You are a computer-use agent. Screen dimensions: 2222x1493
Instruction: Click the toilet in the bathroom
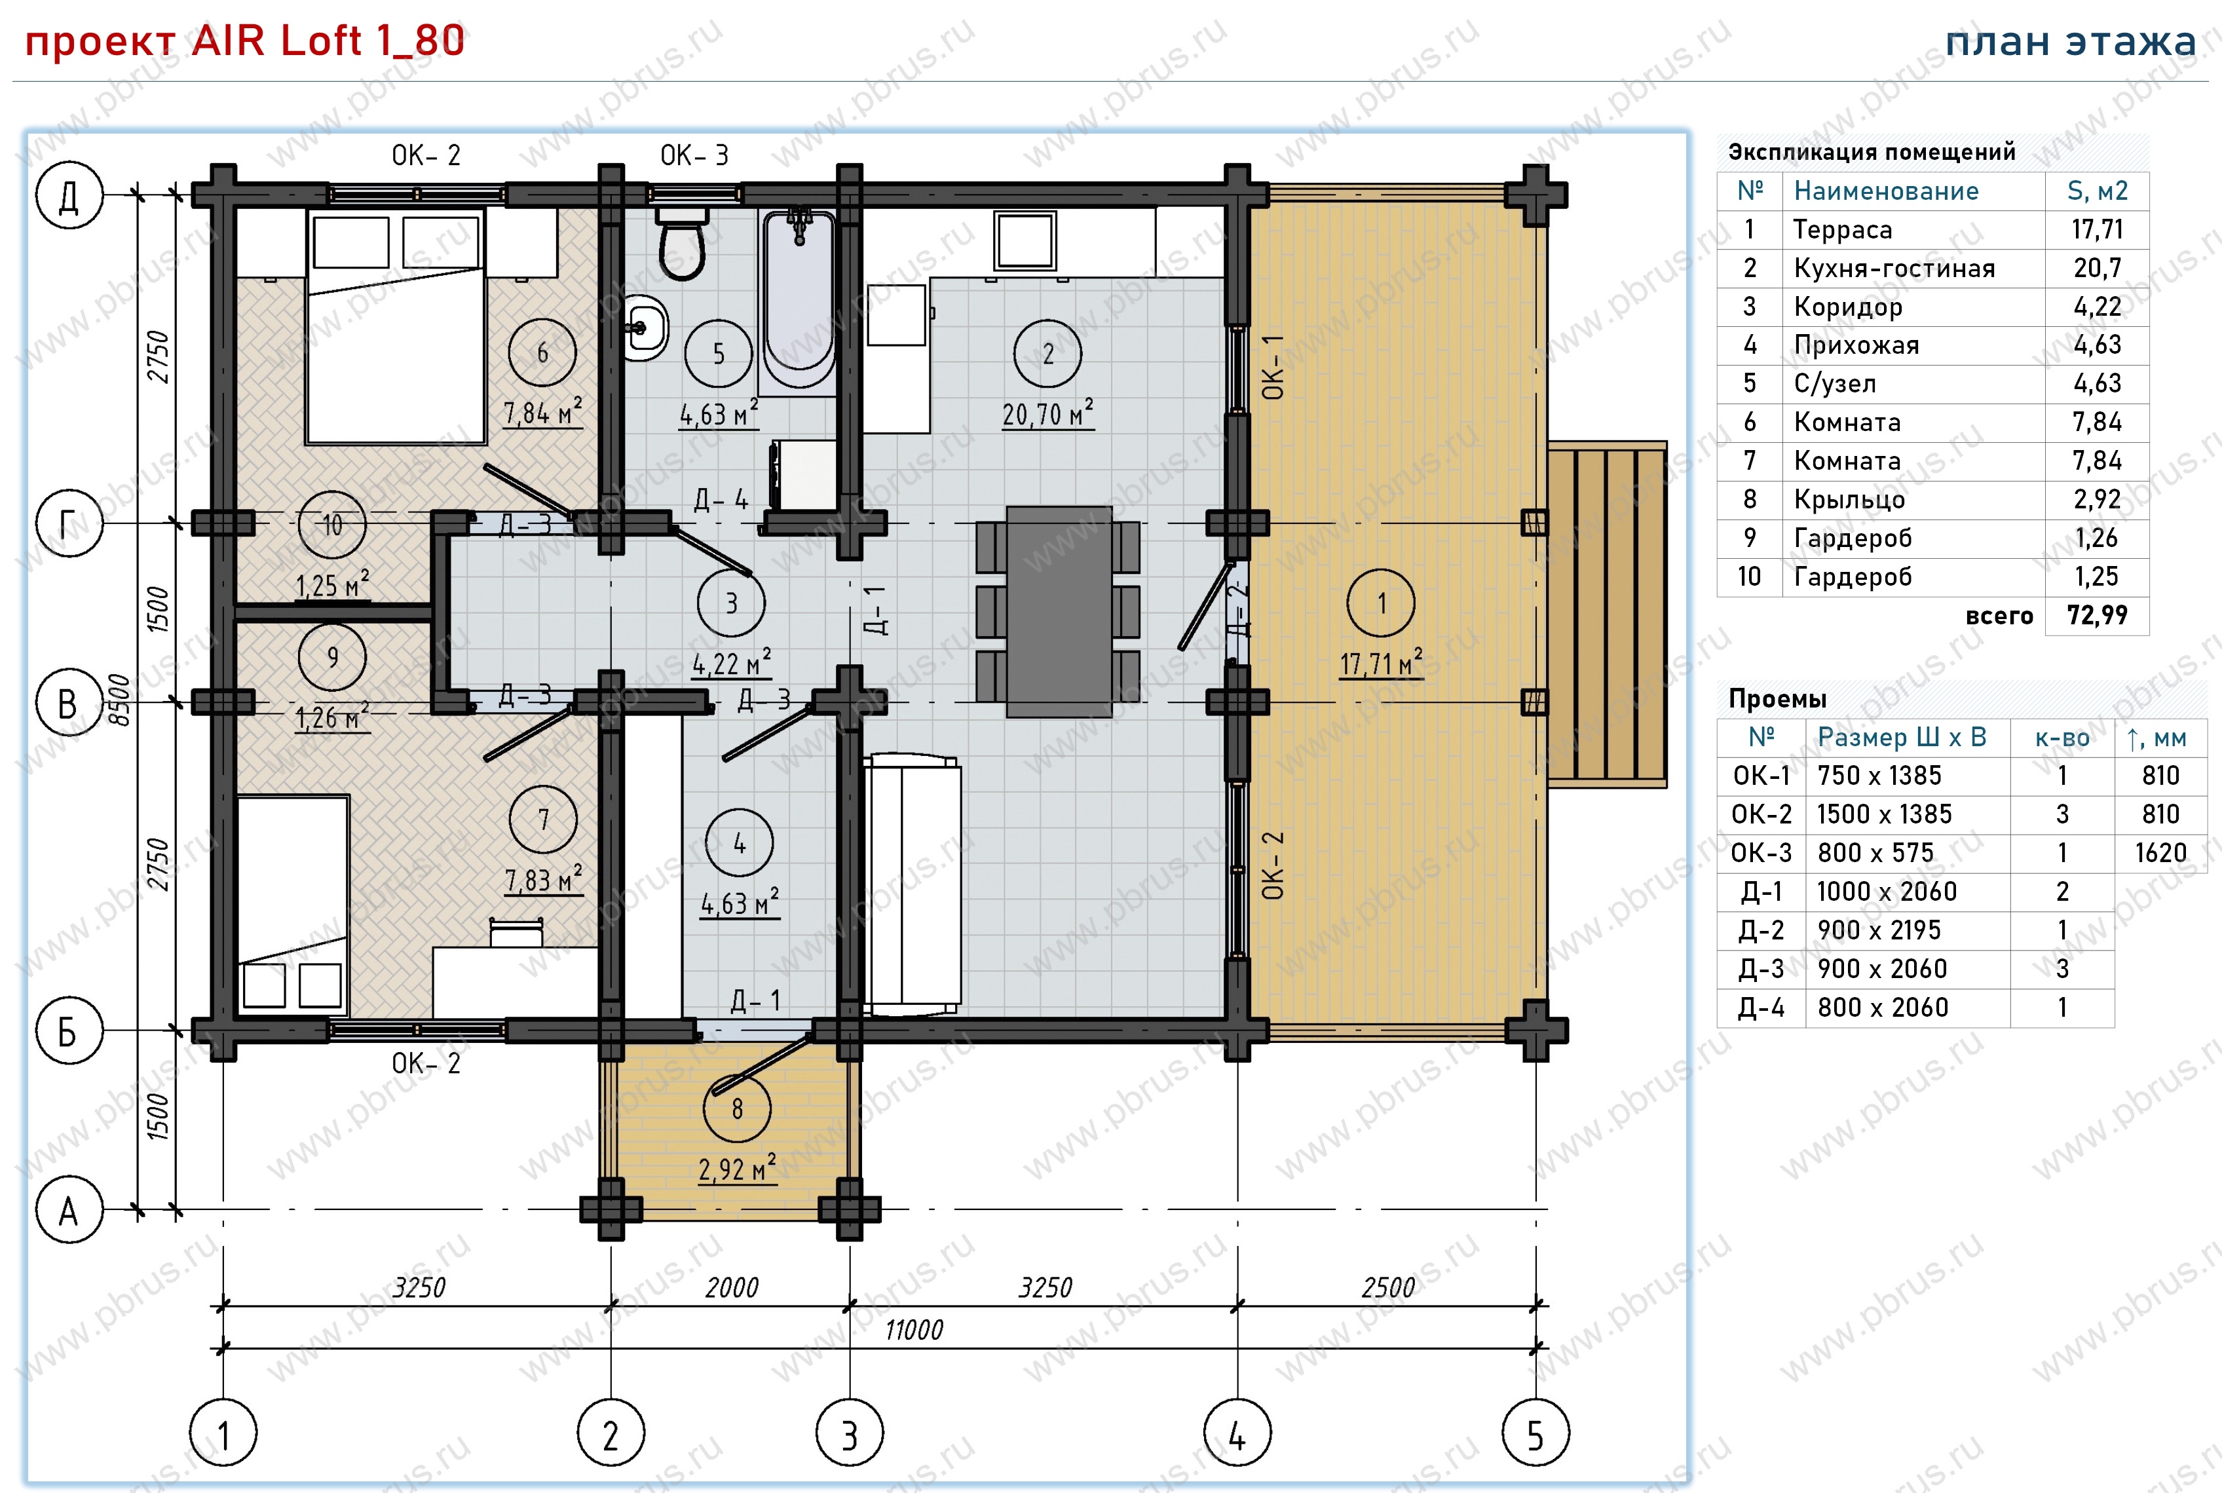pyautogui.click(x=682, y=243)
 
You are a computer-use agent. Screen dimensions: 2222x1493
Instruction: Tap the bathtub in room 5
pyautogui.click(x=800, y=298)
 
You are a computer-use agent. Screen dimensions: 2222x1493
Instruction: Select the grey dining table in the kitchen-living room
pyautogui.click(x=1059, y=611)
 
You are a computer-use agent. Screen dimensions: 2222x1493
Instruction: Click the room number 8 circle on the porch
pyautogui.click(x=737, y=1108)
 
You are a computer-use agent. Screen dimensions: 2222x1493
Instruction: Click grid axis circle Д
pyautogui.click(x=69, y=195)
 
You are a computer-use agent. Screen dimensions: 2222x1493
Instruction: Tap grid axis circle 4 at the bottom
pyautogui.click(x=1237, y=1433)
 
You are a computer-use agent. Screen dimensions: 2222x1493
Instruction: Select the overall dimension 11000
pyautogui.click(x=914, y=1329)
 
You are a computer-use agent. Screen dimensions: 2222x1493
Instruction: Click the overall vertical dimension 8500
pyautogui.click(x=118, y=700)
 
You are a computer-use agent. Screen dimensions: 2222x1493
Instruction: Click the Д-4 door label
pyautogui.click(x=721, y=500)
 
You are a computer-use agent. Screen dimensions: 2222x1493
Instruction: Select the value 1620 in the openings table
pyautogui.click(x=2160, y=853)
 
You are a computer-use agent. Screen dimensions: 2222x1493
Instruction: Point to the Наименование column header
pyautogui.click(x=1886, y=191)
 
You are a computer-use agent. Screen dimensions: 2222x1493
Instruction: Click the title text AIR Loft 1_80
pyautogui.click(x=328, y=41)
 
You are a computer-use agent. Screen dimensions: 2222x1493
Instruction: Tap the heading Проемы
pyautogui.click(x=1777, y=699)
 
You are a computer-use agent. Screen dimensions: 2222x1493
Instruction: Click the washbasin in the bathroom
pyautogui.click(x=645, y=328)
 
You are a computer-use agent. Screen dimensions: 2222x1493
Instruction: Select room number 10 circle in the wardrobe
pyautogui.click(x=332, y=525)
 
